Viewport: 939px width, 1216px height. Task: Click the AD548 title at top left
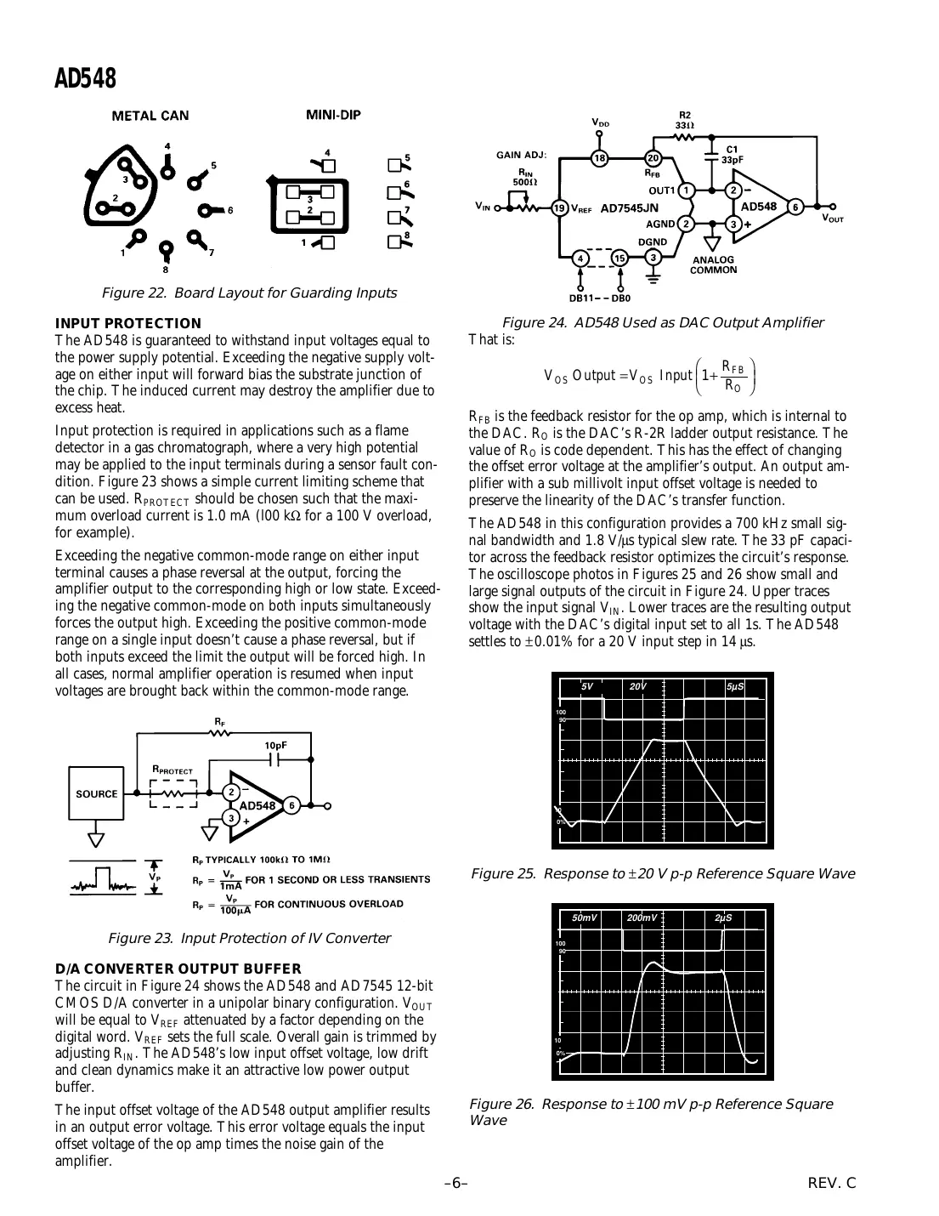(85, 78)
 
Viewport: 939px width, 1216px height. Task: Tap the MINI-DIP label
(333, 115)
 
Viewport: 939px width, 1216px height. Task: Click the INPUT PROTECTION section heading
(127, 323)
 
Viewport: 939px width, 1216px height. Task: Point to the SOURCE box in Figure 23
(97, 794)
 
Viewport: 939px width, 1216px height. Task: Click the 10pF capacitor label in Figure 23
(274, 745)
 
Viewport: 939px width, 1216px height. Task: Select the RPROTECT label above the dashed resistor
(173, 770)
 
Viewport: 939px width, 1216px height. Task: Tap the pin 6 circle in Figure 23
(291, 805)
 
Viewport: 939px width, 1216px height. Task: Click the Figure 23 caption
(249, 938)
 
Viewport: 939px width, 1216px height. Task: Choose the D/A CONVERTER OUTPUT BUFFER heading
(178, 969)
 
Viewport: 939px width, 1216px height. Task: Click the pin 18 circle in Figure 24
(600, 158)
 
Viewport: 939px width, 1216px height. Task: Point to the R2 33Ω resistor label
(685, 120)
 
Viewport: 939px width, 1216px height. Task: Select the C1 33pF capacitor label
(732, 154)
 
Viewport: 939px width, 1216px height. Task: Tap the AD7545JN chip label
(629, 207)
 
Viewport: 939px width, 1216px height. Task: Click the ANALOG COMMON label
(714, 264)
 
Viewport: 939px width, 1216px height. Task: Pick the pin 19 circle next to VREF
(559, 207)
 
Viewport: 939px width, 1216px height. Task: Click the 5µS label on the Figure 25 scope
(736, 686)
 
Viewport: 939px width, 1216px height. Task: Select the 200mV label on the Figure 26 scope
(642, 918)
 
